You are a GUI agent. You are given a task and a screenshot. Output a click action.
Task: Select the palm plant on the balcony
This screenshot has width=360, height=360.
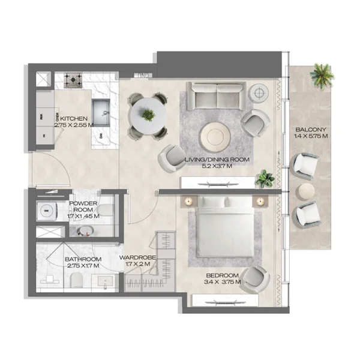pos(320,76)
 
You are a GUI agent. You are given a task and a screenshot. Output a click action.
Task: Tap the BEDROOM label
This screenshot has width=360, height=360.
pos(222,279)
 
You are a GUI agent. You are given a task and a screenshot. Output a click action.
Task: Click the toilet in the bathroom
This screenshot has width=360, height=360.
pos(76,280)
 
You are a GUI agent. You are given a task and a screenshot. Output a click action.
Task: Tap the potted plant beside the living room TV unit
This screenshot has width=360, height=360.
pos(264,178)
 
